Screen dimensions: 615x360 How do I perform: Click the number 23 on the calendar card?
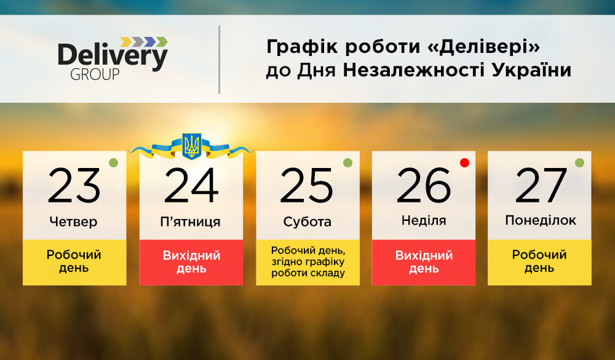coord(74,185)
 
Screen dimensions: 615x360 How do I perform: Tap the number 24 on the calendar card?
coord(191,185)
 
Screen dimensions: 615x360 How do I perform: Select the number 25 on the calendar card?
coord(306,185)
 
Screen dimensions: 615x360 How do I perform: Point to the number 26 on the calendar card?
coord(424,185)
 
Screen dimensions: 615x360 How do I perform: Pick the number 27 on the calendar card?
coord(541,185)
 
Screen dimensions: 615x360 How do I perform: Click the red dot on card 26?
coord(465,162)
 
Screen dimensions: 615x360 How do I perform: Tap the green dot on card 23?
coord(113,162)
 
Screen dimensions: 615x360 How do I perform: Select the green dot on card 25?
coord(348,162)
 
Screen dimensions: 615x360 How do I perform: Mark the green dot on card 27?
coord(580,162)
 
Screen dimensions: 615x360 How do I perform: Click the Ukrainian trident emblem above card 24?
coord(192,146)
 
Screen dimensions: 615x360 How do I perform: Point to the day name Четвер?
coord(73,222)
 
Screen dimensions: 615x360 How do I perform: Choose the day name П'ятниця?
coord(190,222)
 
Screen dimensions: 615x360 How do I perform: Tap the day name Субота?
coord(307,222)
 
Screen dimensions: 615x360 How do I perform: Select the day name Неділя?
coord(424,221)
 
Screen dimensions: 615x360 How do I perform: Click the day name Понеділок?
coord(541,220)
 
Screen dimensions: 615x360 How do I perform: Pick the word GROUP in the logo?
coord(95,74)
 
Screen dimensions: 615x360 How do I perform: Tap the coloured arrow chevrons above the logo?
coord(144,42)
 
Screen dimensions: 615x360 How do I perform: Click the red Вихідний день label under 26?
coord(424,262)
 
